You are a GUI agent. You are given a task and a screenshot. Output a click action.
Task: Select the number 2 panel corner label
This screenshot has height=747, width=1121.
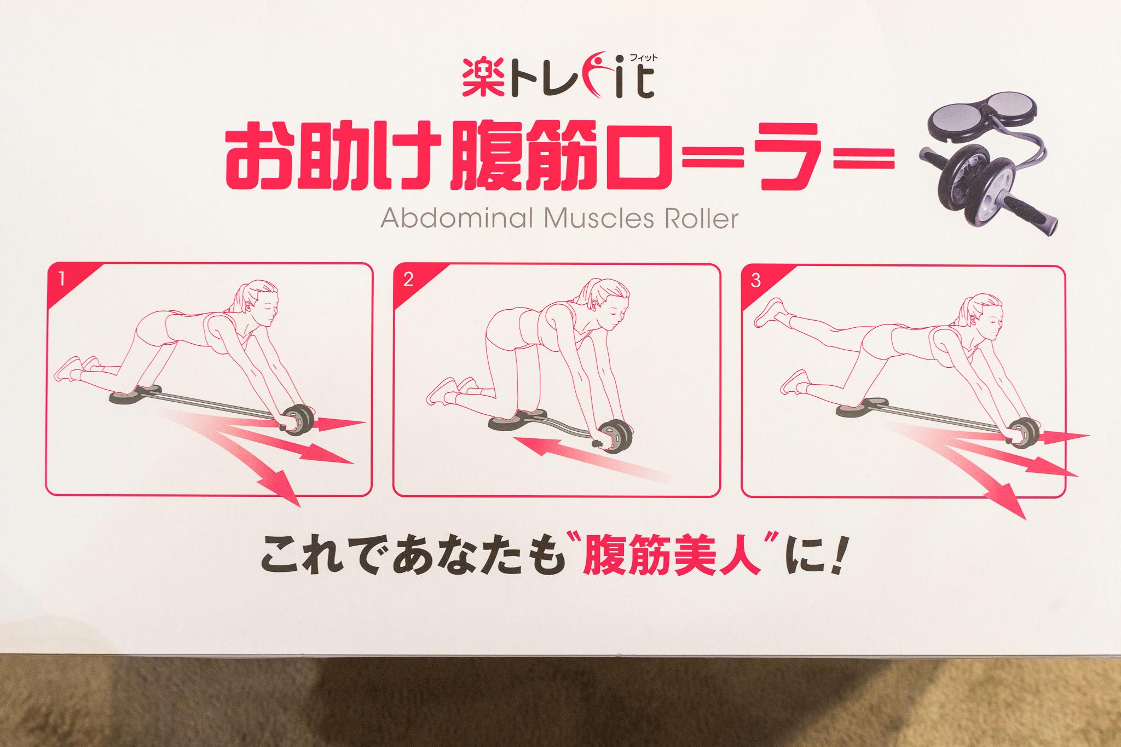[408, 281]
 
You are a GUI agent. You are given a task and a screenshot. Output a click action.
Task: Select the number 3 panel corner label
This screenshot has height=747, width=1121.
[756, 281]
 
